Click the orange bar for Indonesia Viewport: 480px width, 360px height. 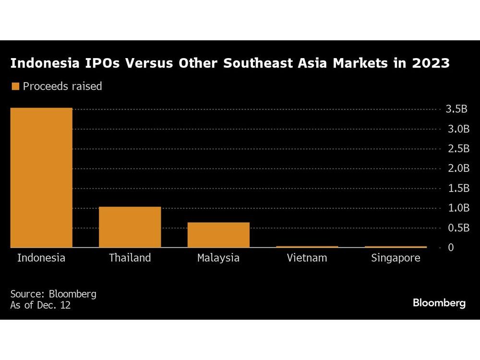(x=41, y=178)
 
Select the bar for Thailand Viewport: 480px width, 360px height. (x=130, y=227)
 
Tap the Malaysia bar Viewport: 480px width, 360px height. (x=218, y=235)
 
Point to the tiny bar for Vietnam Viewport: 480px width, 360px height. (x=307, y=247)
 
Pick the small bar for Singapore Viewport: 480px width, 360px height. (x=396, y=247)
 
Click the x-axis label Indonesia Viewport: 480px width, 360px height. (x=41, y=258)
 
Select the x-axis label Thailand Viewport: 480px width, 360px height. (x=130, y=258)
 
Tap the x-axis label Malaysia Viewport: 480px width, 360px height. (x=218, y=258)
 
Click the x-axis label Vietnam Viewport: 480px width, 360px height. (x=307, y=258)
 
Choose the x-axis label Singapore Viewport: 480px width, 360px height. (x=396, y=258)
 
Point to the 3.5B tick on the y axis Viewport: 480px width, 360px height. (x=456, y=109)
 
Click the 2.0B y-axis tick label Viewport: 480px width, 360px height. (x=456, y=168)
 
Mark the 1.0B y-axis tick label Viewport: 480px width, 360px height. (x=456, y=208)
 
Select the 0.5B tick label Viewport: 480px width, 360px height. (x=456, y=228)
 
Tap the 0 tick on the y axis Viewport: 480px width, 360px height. (x=451, y=247)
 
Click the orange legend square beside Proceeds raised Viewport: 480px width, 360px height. (x=15, y=86)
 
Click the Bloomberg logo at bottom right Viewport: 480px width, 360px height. (x=439, y=303)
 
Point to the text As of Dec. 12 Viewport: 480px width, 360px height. (x=40, y=305)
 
